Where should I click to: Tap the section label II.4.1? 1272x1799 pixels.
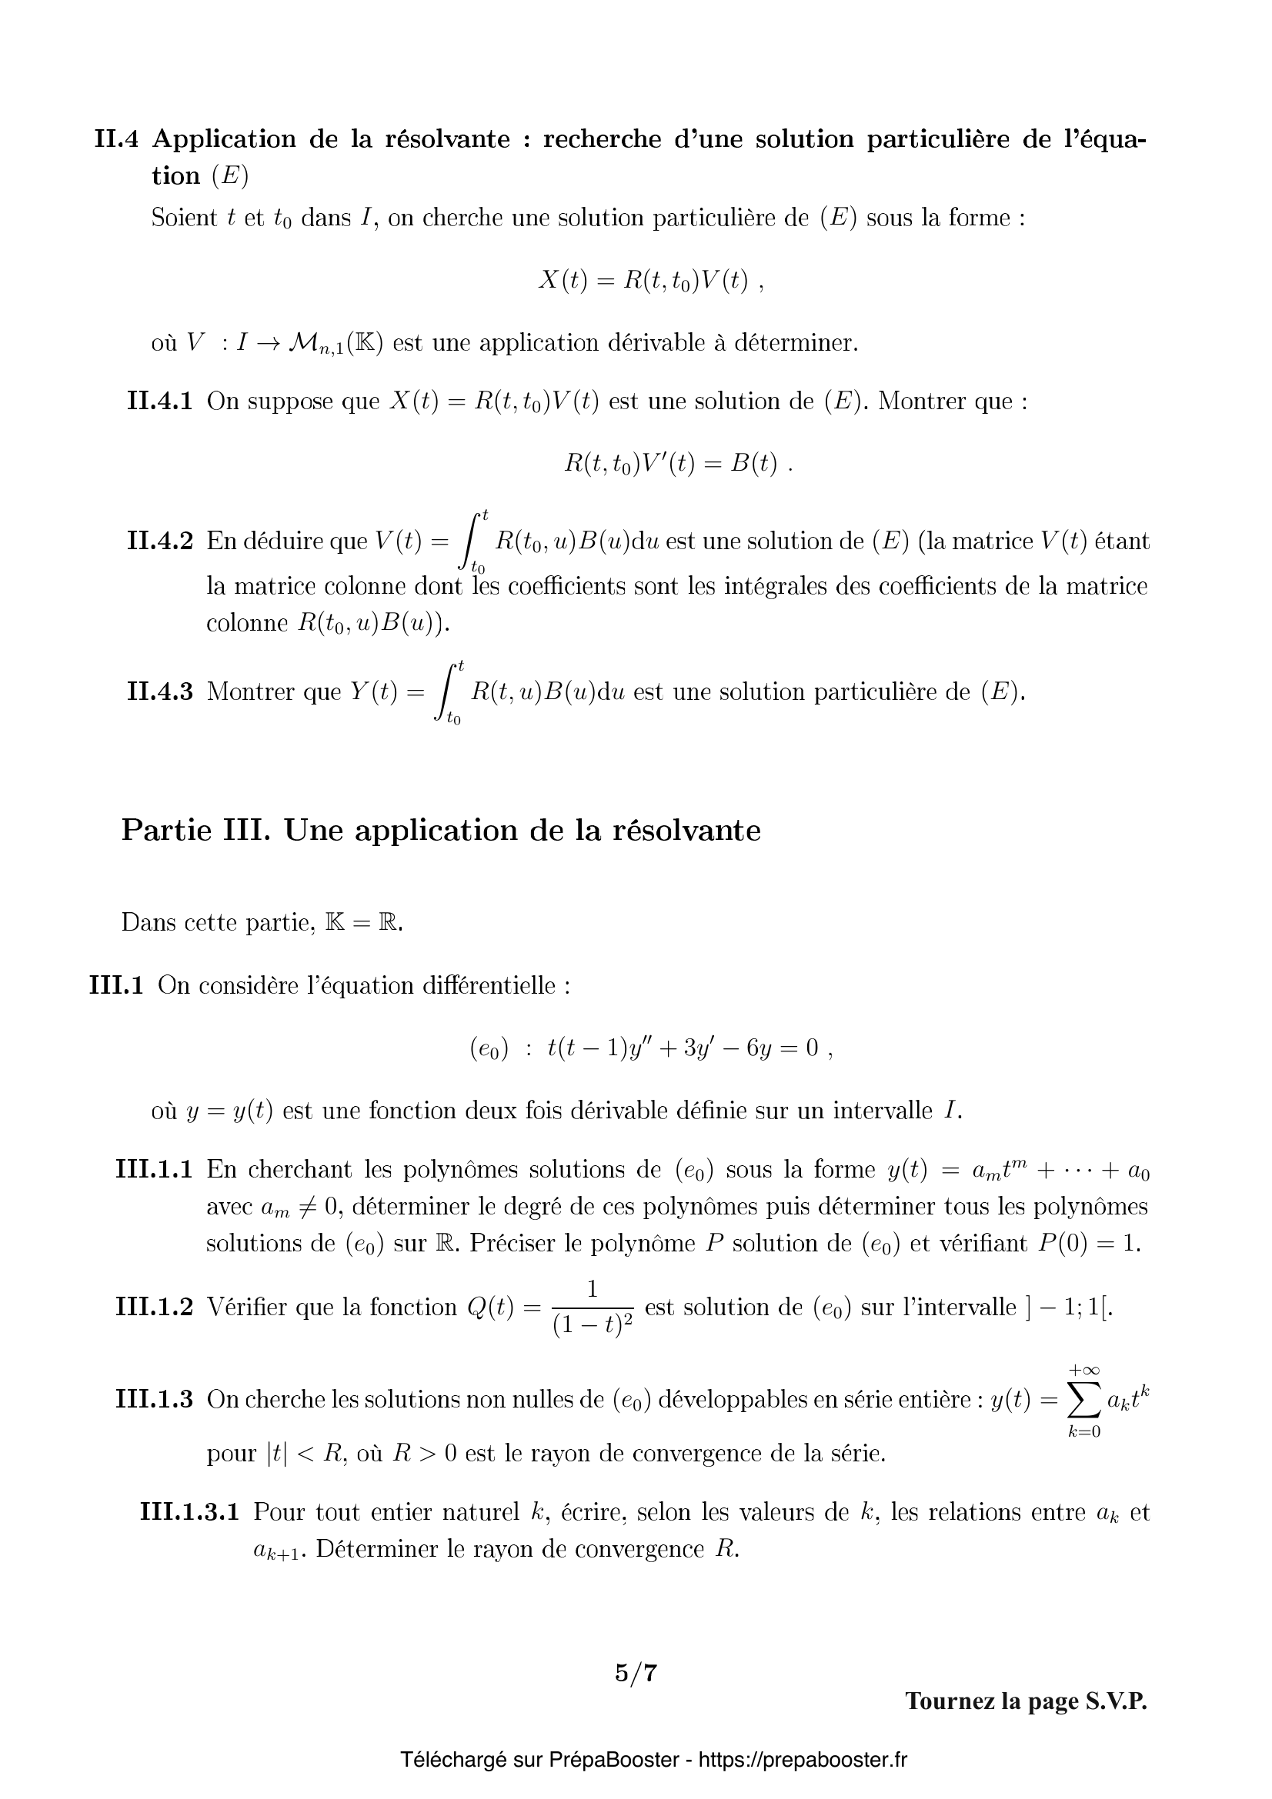(159, 402)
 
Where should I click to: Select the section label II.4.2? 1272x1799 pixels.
(159, 541)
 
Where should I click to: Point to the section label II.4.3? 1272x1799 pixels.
(159, 692)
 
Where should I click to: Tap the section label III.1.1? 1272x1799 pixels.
(154, 1170)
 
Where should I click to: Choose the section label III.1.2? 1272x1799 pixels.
(154, 1307)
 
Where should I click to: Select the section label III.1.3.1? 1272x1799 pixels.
(189, 1511)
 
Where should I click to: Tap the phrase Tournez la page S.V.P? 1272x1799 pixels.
(1026, 1701)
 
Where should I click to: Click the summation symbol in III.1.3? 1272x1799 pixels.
(1085, 1399)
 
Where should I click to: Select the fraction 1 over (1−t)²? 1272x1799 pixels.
(592, 1308)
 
